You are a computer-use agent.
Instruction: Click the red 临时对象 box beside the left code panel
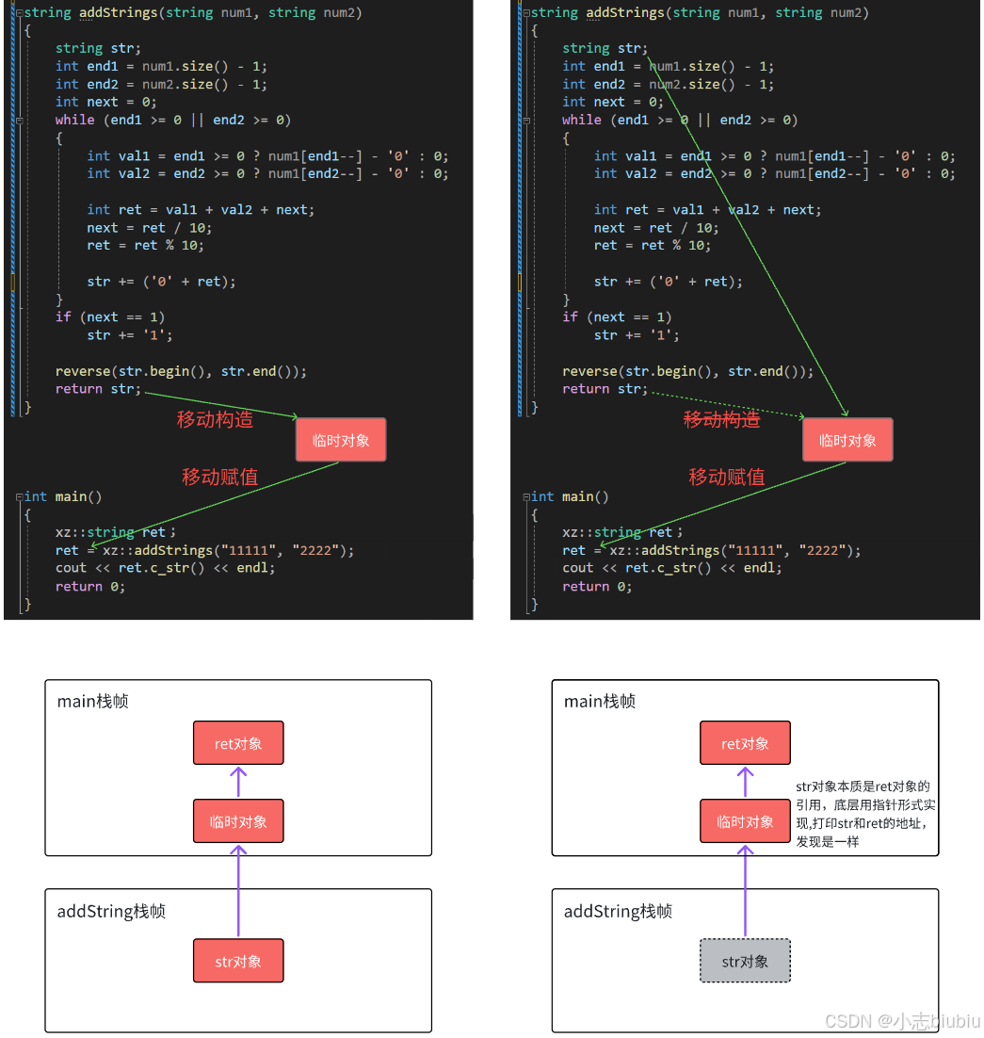tap(341, 440)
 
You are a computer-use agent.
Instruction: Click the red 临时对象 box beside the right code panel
tap(847, 440)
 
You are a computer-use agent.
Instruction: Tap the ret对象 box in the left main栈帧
tap(238, 743)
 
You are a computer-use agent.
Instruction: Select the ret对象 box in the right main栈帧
tap(745, 743)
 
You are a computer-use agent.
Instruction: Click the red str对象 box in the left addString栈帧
tap(238, 961)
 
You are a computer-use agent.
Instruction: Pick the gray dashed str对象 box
tap(745, 961)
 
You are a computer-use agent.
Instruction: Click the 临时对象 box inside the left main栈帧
tap(238, 821)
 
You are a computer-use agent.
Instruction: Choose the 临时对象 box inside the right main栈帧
tap(745, 821)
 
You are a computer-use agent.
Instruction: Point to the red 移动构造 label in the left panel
tap(215, 419)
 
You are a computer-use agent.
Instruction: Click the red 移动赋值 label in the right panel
tap(726, 477)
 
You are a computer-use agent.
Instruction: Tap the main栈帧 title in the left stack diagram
tap(93, 702)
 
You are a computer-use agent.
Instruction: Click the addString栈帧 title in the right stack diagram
tap(618, 911)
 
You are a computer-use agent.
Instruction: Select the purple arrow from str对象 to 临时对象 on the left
tap(238, 890)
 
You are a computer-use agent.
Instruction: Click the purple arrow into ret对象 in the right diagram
tap(745, 782)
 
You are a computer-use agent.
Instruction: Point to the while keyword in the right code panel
tap(582, 120)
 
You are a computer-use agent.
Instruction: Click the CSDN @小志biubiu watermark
tap(902, 1021)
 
